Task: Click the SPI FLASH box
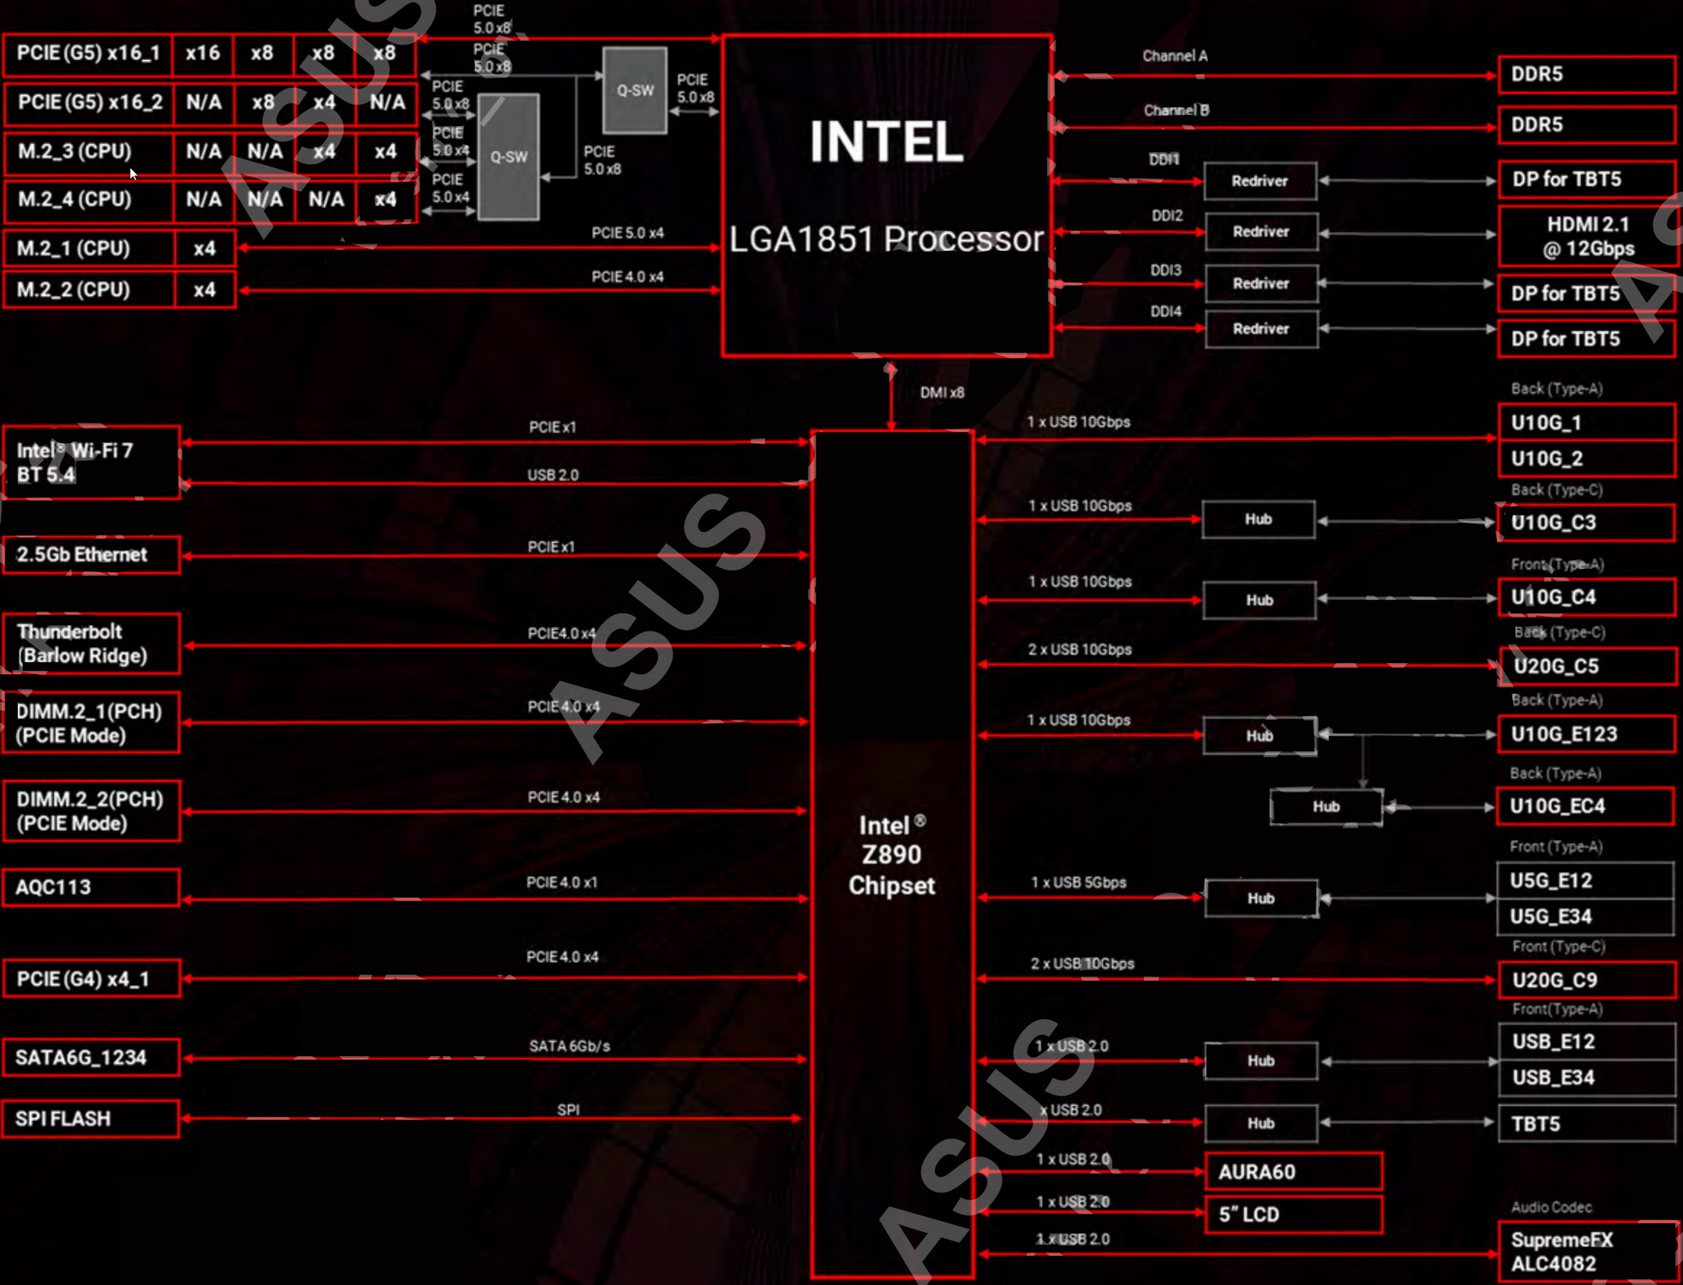[91, 1119]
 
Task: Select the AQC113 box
[91, 887]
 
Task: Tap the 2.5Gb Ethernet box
[91, 554]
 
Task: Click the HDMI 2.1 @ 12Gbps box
[1587, 236]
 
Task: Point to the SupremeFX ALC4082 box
[1587, 1252]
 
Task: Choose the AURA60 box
[1293, 1171]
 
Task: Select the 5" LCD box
[1293, 1214]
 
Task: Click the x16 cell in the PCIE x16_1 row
[203, 53]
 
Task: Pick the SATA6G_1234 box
[91, 1057]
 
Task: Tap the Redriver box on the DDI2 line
[1261, 231]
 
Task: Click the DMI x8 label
[942, 392]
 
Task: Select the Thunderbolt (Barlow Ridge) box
[91, 643]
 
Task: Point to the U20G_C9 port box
[1587, 980]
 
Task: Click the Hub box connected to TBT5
[1261, 1123]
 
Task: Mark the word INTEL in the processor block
[886, 142]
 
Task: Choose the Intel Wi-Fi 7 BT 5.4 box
[91, 463]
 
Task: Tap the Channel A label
[1175, 56]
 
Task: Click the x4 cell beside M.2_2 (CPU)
[204, 290]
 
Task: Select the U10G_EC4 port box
[1585, 806]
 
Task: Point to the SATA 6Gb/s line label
[569, 1046]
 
